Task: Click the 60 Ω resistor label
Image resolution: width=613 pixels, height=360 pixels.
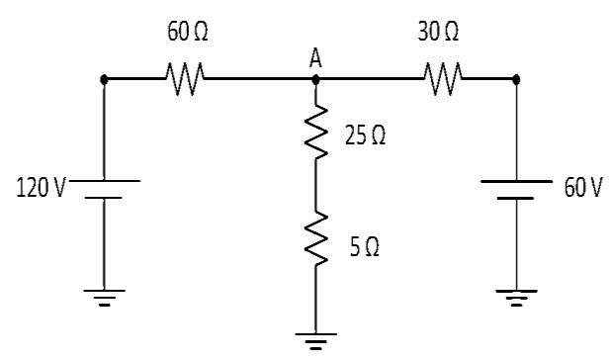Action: [188, 32]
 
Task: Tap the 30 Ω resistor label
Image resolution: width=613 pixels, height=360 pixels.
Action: [438, 32]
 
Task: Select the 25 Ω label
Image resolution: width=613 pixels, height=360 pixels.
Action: [365, 135]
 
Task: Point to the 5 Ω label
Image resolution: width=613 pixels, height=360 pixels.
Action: [365, 247]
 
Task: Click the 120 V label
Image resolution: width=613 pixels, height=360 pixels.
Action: [42, 187]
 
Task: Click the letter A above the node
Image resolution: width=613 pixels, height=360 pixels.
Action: [315, 58]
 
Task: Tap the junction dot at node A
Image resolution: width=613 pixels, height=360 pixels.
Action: [315, 79]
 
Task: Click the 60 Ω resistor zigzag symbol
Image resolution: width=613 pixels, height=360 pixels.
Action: [185, 78]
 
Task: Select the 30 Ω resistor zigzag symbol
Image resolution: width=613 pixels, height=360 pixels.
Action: [443, 78]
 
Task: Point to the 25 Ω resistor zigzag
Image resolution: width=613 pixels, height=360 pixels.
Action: [315, 132]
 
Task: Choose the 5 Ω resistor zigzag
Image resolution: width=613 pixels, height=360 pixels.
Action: [315, 238]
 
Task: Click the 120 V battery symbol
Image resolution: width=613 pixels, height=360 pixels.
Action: [104, 189]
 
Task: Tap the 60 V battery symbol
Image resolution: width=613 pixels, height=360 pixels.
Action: [516, 190]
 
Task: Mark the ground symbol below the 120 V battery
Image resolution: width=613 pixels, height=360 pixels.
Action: [104, 298]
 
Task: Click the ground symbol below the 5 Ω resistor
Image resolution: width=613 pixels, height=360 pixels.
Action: [315, 341]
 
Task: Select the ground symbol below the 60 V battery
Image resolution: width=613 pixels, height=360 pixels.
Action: [516, 299]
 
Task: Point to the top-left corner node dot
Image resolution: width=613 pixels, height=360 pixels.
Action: [104, 79]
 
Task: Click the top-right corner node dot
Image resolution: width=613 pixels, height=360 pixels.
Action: [516, 79]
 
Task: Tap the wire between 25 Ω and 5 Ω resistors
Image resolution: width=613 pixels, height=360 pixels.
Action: [315, 185]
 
